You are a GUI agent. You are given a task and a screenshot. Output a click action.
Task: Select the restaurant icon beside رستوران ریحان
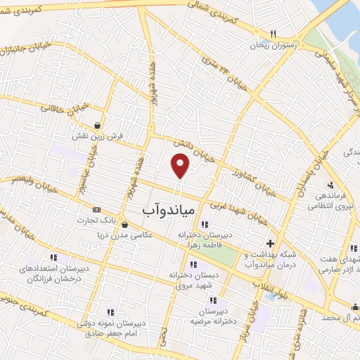click(x=274, y=34)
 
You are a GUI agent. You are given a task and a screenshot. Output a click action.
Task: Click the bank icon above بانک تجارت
click(x=96, y=210)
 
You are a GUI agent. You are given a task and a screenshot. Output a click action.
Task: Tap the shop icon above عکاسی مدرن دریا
click(x=124, y=225)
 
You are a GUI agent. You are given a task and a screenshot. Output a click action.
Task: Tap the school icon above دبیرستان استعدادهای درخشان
click(x=54, y=257)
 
